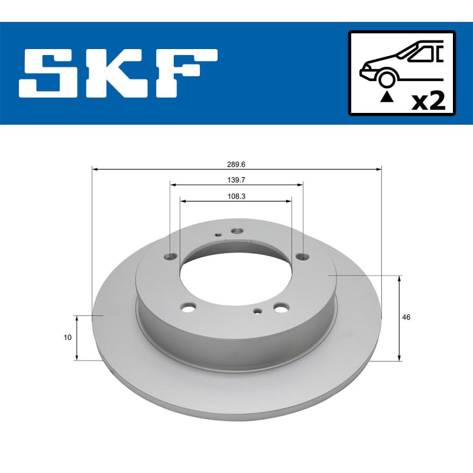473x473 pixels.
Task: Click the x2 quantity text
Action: tap(427, 101)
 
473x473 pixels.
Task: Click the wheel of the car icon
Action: tap(387, 79)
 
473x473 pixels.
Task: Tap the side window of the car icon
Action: tap(422, 54)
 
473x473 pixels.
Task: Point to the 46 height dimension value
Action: tap(406, 318)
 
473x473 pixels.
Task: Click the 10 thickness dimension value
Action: tap(68, 338)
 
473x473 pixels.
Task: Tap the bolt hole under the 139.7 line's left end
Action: tap(171, 257)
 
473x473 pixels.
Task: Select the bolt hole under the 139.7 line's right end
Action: tap(303, 256)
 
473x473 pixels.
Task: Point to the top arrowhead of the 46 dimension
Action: tap(401, 278)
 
